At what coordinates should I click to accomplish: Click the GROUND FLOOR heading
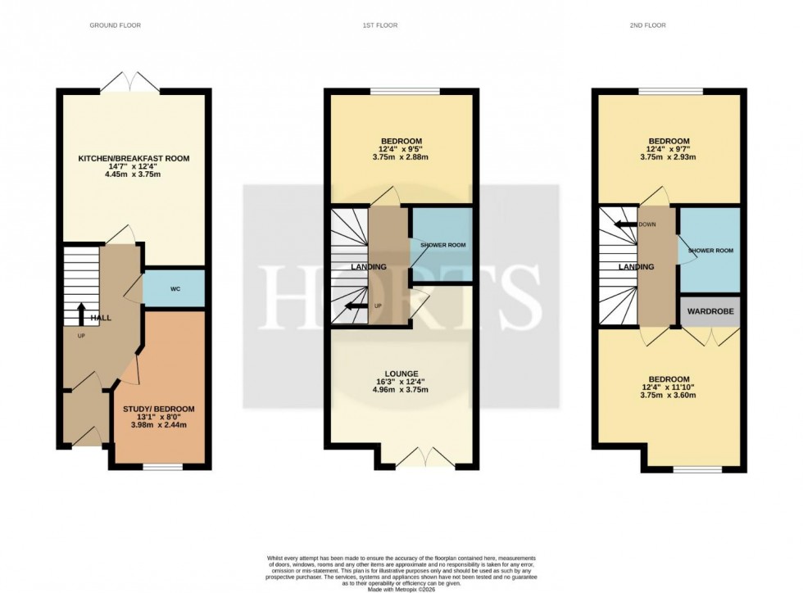[115, 25]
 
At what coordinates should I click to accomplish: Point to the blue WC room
[175, 288]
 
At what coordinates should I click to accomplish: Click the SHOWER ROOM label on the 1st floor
[442, 246]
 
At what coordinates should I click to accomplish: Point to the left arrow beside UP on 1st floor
[356, 306]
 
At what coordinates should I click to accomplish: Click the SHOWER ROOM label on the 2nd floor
[710, 251]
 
